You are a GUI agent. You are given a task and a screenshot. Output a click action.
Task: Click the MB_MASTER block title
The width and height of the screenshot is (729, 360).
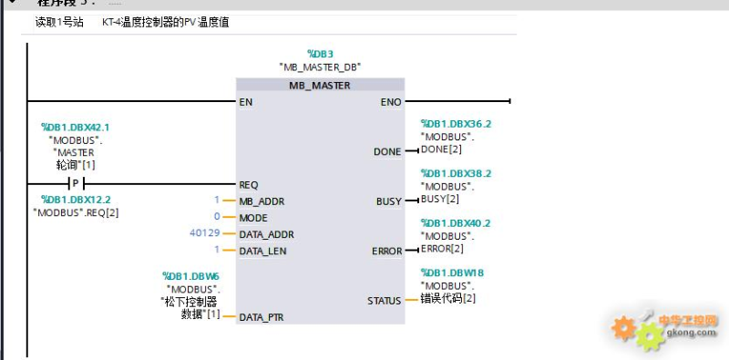(319, 85)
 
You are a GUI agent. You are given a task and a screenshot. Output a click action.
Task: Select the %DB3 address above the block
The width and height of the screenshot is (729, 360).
(319, 54)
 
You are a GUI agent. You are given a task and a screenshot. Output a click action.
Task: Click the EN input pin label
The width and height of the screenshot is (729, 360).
(246, 102)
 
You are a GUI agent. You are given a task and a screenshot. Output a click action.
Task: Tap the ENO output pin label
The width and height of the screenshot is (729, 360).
(390, 102)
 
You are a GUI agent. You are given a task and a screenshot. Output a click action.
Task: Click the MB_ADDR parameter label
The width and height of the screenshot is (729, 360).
(262, 201)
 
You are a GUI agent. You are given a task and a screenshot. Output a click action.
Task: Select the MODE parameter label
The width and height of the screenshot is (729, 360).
(252, 218)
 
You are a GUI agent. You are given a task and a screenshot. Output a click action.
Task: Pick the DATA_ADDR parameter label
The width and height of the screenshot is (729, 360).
(266, 234)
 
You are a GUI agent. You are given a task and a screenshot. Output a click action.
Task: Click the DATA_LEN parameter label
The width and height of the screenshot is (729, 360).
(263, 251)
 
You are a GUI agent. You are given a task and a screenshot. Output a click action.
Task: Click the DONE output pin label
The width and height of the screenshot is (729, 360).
(387, 151)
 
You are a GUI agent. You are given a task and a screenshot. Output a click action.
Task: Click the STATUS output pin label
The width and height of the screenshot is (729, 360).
(384, 300)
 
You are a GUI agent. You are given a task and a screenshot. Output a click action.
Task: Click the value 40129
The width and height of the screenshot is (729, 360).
(202, 234)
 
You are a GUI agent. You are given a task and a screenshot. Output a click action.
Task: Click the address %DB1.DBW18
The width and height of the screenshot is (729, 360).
(452, 273)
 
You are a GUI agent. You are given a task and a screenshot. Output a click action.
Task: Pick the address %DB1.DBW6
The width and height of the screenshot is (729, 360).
(191, 277)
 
